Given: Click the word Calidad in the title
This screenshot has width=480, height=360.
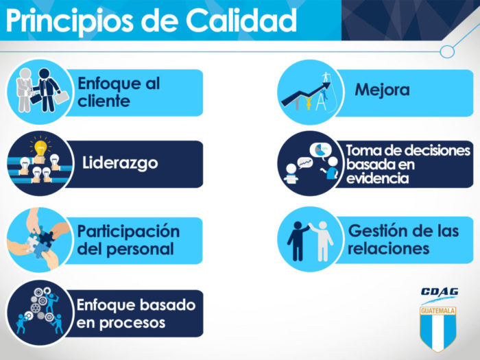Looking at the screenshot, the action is pyautogui.click(x=241, y=20).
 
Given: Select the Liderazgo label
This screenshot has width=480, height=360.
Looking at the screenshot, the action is pyautogui.click(x=120, y=163).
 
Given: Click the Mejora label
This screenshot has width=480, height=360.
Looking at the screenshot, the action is pyautogui.click(x=382, y=90).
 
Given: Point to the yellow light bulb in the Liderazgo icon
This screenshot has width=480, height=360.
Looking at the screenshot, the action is pyautogui.click(x=40, y=148).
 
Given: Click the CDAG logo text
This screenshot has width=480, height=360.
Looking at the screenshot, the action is pyautogui.click(x=440, y=292).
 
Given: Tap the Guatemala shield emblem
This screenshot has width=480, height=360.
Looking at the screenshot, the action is pyautogui.click(x=438, y=328).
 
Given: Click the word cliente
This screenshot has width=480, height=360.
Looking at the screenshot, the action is pyautogui.click(x=104, y=101).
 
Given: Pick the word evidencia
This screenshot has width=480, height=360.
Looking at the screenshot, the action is pyautogui.click(x=377, y=178).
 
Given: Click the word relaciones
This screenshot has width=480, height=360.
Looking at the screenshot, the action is pyautogui.click(x=389, y=248).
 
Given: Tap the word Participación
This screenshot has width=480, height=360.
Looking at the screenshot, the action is pyautogui.click(x=128, y=232).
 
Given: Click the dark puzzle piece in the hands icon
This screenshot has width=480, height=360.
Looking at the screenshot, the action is pyautogui.click(x=46, y=238).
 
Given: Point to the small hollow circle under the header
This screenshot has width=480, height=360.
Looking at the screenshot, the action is pyautogui.click(x=447, y=51).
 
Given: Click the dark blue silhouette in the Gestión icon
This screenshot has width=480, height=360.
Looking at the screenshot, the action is pyautogui.click(x=297, y=241).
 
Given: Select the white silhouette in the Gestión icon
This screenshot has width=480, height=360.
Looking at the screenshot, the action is pyautogui.click(x=322, y=241).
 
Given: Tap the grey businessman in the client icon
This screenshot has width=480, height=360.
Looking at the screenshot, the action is pyautogui.click(x=25, y=91).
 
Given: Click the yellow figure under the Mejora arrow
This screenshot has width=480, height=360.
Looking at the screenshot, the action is pyautogui.click(x=309, y=103).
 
